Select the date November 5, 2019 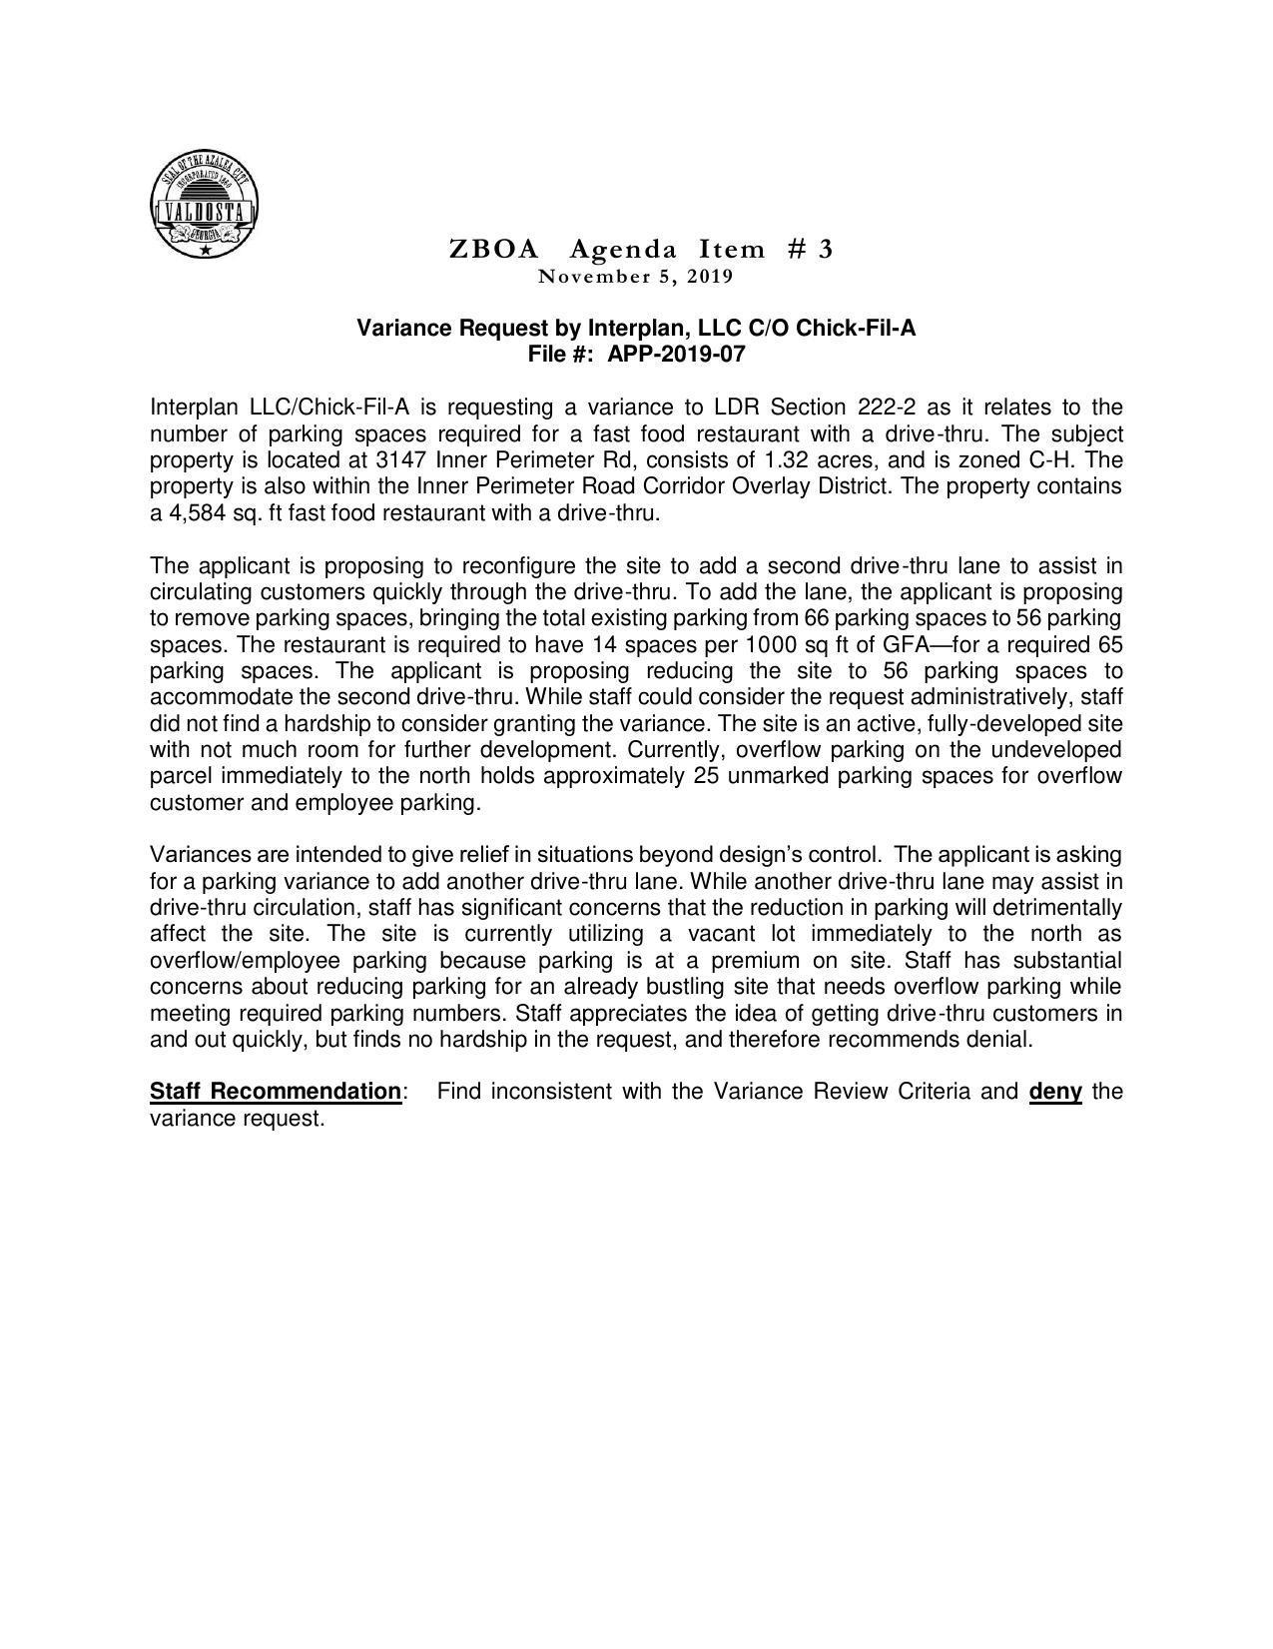[636, 276]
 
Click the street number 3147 [402, 460]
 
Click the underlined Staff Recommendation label [276, 1091]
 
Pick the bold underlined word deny [1055, 1091]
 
